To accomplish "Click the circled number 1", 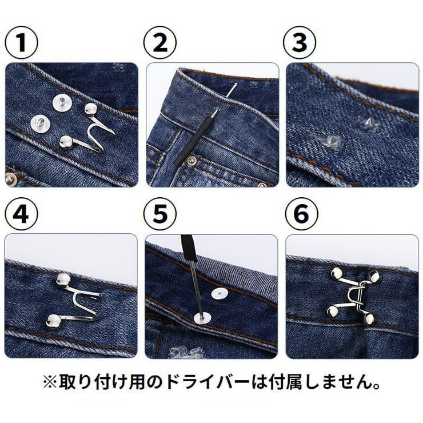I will point(21,43).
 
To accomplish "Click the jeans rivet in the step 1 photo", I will point(10,179).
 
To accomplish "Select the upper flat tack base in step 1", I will point(62,102).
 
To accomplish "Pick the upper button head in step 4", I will point(63,280).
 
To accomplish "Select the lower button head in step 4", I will point(53,321).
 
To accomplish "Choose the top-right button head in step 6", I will point(374,276).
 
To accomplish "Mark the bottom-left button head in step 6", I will point(332,312).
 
